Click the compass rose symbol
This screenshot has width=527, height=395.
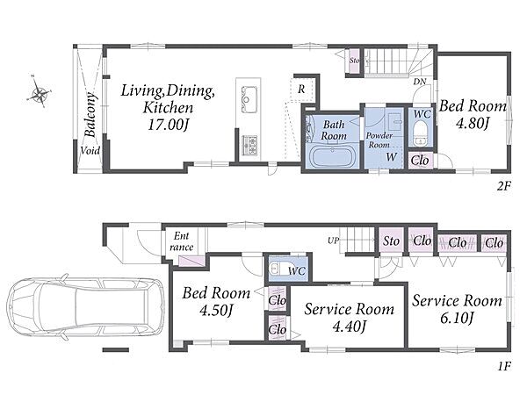click(39, 93)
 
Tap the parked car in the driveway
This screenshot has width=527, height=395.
click(86, 308)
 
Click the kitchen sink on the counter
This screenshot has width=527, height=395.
click(249, 99)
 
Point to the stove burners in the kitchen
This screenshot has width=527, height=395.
click(249, 145)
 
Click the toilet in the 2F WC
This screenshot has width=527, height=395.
click(420, 133)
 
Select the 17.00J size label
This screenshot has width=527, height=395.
click(168, 126)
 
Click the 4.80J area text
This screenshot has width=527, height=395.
click(472, 123)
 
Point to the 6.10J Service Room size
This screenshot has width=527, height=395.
click(457, 318)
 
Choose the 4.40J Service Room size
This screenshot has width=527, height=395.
click(349, 326)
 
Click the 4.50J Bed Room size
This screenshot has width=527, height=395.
click(216, 310)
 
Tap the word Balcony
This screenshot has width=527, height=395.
click(90, 114)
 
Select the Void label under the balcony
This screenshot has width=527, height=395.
click(90, 150)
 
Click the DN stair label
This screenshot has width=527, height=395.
click(420, 82)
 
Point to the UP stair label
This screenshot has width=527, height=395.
click(333, 241)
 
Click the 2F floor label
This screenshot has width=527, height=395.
click(504, 186)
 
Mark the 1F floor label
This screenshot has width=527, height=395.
click(504, 366)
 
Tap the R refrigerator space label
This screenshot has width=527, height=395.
click(301, 90)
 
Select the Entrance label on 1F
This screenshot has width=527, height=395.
click(181, 241)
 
